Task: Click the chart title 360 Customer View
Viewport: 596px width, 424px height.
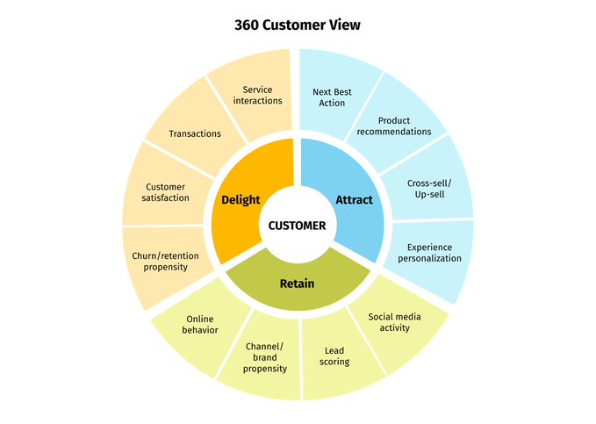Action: pyautogui.click(x=298, y=25)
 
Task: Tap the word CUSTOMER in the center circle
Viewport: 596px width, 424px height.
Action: pyautogui.click(x=297, y=226)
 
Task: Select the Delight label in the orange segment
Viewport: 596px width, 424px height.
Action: pyautogui.click(x=241, y=199)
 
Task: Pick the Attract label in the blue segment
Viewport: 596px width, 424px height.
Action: pyautogui.click(x=354, y=199)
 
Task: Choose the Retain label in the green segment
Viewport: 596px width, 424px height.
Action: pyautogui.click(x=297, y=284)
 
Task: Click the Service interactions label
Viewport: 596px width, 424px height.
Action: pyautogui.click(x=257, y=95)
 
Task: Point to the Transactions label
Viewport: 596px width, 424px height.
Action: pyautogui.click(x=195, y=133)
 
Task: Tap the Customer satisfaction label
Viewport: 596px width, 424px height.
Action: pyautogui.click(x=167, y=192)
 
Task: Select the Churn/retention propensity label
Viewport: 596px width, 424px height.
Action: pyautogui.click(x=166, y=261)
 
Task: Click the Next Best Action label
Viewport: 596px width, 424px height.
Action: pyautogui.click(x=329, y=97)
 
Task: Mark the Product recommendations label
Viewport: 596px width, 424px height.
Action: pyautogui.click(x=394, y=126)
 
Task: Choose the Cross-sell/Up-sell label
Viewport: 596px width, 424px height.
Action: pyautogui.click(x=426, y=188)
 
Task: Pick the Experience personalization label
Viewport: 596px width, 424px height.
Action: pyautogui.click(x=429, y=253)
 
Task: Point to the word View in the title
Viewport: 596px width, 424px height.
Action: pyautogui.click(x=343, y=25)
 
